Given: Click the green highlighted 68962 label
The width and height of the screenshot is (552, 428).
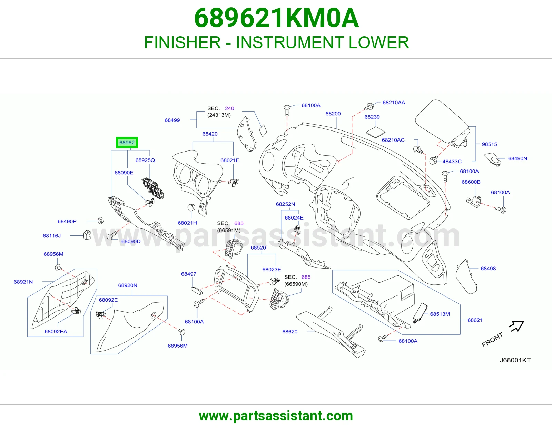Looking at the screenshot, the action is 127,143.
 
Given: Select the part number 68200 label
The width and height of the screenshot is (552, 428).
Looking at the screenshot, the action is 333,114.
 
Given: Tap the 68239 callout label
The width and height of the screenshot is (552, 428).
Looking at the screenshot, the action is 372,117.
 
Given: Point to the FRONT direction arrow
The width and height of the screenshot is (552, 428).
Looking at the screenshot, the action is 516,326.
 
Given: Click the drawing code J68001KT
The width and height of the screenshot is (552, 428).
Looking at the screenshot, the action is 515,360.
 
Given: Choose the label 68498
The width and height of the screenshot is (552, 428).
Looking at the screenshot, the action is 488,269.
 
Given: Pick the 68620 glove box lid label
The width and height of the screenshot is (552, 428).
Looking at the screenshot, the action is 290,332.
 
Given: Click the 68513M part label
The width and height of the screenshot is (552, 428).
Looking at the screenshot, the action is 440,314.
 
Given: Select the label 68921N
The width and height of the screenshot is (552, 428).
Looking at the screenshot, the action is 23,282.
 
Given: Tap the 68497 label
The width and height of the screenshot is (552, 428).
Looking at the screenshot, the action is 189,274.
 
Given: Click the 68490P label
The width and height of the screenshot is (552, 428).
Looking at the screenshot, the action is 67,221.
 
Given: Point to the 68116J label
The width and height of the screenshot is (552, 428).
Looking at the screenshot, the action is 52,236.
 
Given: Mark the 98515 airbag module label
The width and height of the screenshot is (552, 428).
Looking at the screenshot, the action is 490,144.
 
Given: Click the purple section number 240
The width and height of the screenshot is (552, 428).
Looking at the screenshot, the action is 229,108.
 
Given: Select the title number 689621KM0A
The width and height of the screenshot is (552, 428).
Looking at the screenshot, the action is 277,18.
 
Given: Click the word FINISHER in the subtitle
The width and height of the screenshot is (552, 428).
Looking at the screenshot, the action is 183,42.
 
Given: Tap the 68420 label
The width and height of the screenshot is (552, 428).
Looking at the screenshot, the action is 210,134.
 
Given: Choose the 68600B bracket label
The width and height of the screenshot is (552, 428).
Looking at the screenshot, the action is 471,182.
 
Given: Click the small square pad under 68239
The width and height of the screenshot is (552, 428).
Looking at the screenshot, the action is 375,133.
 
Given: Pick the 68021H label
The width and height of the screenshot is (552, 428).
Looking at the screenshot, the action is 187,223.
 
